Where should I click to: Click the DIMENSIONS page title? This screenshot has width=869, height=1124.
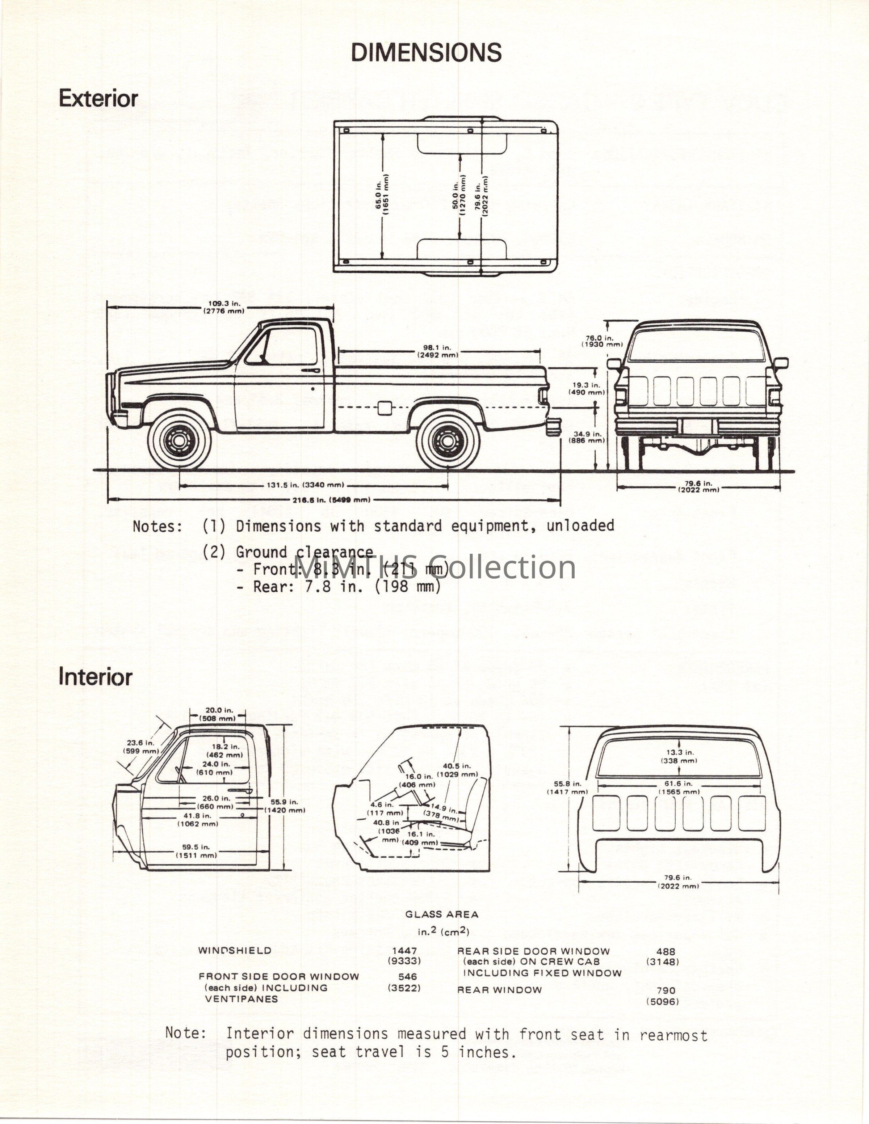click(426, 52)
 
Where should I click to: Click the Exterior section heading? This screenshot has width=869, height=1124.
click(98, 98)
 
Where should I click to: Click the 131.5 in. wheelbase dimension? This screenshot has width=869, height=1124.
click(305, 485)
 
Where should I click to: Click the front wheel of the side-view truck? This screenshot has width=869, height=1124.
click(179, 440)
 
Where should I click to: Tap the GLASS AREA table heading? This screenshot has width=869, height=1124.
click(442, 914)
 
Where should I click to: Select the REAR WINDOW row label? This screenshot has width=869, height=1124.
click(499, 990)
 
